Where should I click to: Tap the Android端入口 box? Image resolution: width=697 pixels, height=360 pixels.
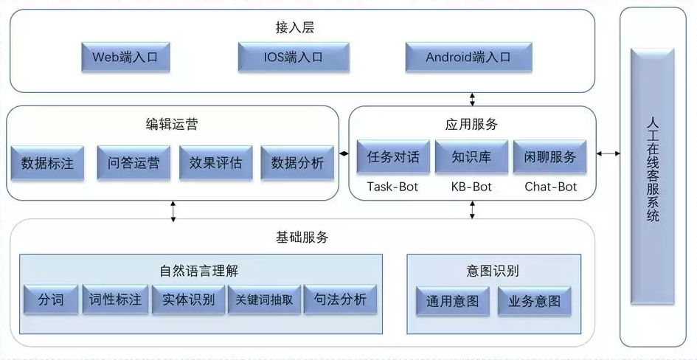coord(468,57)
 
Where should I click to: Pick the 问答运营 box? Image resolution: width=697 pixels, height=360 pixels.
coord(133,163)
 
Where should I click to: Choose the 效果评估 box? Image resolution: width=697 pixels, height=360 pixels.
coord(215,163)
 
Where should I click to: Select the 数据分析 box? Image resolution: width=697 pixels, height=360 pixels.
coord(297,163)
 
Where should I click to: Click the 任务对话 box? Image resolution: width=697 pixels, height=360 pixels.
coord(393,157)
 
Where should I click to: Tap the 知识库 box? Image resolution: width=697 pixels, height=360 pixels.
coord(471,157)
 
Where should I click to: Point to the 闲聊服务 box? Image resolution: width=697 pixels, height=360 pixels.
coord(550,157)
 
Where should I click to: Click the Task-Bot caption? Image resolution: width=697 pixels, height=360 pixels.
coord(392,187)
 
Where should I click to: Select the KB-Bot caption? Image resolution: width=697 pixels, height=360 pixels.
coord(471,187)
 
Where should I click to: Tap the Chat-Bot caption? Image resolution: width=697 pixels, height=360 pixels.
coord(550,187)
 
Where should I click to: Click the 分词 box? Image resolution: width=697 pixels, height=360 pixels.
coord(50,300)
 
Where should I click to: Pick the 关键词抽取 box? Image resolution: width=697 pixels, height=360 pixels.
coord(264,300)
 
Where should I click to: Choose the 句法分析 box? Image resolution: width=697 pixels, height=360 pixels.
coord(340,300)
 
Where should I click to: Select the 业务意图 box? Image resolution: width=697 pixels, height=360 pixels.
coord(534,301)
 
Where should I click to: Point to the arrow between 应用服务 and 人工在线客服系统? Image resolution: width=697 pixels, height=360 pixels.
coord(608,153)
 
